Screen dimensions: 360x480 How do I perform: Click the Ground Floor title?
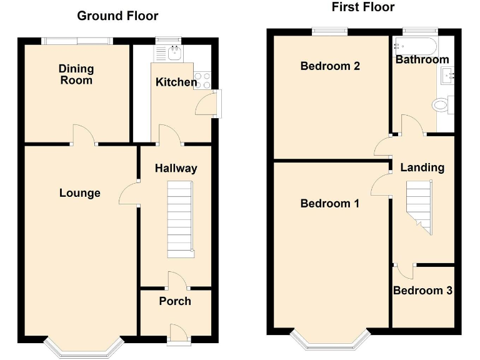click(x=117, y=16)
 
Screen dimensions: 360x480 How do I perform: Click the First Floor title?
click(x=362, y=7)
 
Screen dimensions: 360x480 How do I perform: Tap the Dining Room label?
click(x=76, y=74)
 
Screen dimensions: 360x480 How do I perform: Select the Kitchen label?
click(x=176, y=82)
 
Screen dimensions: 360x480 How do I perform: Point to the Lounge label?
click(x=79, y=192)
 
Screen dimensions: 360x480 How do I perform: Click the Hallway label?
click(x=176, y=167)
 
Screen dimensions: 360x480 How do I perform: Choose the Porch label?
click(x=175, y=301)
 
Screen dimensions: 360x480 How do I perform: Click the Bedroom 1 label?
click(x=329, y=203)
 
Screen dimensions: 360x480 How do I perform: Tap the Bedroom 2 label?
click(x=329, y=66)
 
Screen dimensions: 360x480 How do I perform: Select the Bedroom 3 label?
click(x=422, y=290)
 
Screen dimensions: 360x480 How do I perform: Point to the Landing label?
click(x=422, y=167)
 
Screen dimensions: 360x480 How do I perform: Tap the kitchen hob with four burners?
click(x=203, y=79)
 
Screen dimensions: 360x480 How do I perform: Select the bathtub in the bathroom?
click(x=415, y=47)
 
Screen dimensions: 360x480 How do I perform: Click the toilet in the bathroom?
click(x=442, y=104)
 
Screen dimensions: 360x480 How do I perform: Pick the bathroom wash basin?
click(x=447, y=76)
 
